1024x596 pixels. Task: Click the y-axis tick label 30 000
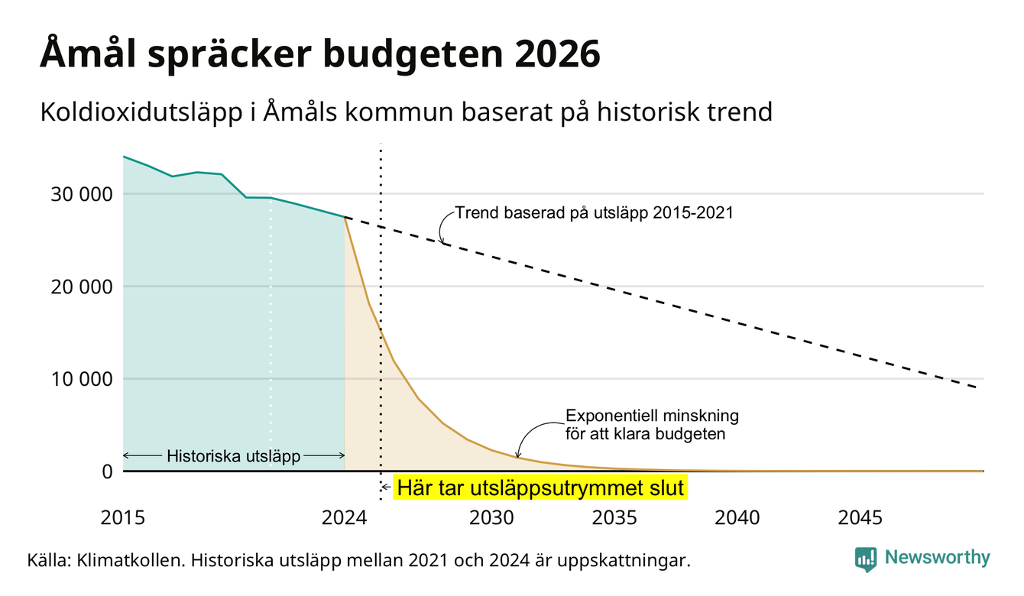click(81, 194)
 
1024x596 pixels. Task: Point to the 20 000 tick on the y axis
click(81, 287)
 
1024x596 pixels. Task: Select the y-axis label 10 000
click(81, 379)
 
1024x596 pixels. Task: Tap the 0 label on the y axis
click(107, 471)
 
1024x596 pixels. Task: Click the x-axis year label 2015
click(122, 518)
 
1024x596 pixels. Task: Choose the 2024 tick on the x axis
click(344, 518)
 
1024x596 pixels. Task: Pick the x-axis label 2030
click(492, 518)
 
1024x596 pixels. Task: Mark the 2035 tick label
click(614, 518)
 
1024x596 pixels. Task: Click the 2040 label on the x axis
click(737, 518)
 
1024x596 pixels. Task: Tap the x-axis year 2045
click(860, 518)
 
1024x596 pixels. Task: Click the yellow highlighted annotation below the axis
click(540, 487)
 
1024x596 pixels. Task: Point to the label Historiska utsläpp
click(233, 456)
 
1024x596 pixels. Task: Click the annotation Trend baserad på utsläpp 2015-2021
click(594, 213)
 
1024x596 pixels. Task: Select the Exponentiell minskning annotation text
click(652, 425)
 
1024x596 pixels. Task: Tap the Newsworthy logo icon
click(866, 559)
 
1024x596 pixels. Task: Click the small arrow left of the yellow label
click(386, 487)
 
